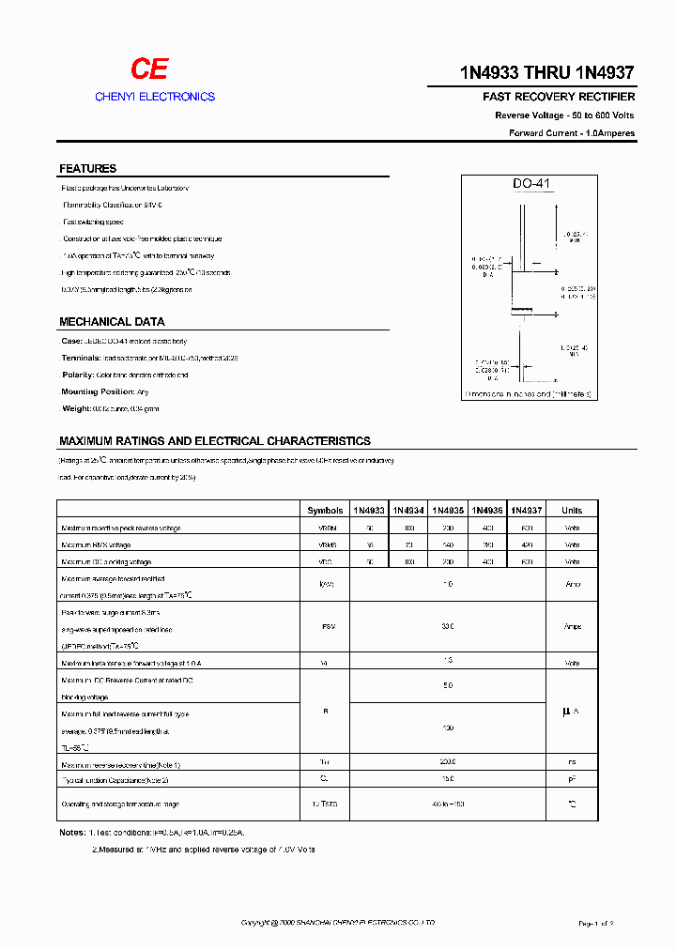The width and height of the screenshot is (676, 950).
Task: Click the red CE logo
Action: [148, 69]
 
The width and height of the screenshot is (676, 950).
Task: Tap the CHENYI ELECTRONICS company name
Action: [155, 97]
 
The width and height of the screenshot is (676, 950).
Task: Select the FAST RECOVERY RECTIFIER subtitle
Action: [559, 97]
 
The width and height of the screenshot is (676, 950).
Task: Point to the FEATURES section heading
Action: [87, 169]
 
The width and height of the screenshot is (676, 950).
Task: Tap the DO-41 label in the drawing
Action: [530, 185]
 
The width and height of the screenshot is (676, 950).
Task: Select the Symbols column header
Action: [325, 511]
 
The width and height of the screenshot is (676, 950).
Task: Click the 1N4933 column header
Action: [369, 511]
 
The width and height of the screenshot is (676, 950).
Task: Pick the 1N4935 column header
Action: [448, 511]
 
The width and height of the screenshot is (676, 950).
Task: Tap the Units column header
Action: [571, 511]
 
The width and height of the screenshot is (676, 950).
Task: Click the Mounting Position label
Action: [98, 391]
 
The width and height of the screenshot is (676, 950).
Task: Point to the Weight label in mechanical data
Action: [76, 408]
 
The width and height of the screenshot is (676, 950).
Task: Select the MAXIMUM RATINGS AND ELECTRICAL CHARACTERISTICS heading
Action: [214, 440]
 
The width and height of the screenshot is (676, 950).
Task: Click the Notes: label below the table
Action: [72, 833]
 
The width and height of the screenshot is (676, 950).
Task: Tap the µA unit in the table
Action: [571, 712]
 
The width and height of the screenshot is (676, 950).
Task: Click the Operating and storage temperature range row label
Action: [119, 804]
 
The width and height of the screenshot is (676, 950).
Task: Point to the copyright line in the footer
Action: [338, 924]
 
